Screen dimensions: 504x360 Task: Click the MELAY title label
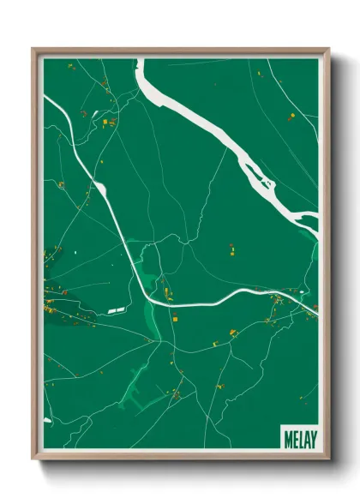299,438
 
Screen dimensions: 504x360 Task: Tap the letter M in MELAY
286,438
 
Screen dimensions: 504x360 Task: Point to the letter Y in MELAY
313,438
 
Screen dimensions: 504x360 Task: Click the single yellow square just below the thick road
175,319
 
